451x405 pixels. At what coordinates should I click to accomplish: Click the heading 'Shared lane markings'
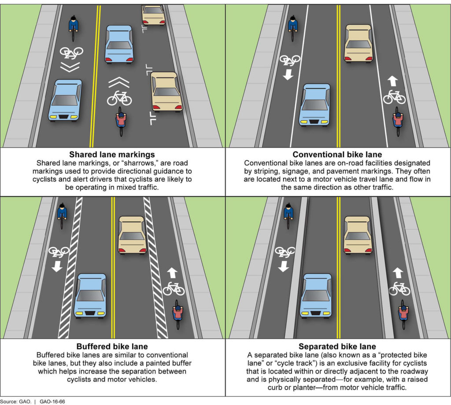(x=112, y=155)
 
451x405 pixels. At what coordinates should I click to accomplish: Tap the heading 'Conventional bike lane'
(x=337, y=155)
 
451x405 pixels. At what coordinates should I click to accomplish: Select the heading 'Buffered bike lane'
(x=112, y=346)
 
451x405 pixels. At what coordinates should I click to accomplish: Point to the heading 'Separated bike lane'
(x=337, y=346)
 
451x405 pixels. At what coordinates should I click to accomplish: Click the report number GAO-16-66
(x=52, y=401)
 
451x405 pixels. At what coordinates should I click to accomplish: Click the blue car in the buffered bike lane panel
(x=90, y=296)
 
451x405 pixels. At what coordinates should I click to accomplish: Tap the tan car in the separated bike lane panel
(x=358, y=235)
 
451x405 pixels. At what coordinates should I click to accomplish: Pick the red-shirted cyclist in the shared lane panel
(x=121, y=121)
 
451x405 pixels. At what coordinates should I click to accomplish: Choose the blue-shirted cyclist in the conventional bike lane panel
(x=293, y=28)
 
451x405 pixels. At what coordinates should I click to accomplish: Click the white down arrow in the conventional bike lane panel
(x=288, y=75)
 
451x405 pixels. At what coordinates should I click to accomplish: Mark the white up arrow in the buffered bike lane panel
(x=172, y=273)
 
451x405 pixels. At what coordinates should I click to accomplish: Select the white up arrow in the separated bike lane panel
(x=398, y=273)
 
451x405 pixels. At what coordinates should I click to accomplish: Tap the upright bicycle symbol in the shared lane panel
(x=119, y=98)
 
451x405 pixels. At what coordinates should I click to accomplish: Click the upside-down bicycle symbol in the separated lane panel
(x=285, y=252)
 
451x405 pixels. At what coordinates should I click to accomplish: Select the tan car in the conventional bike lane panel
(x=359, y=44)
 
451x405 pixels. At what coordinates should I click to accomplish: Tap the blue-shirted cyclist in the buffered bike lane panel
(x=62, y=216)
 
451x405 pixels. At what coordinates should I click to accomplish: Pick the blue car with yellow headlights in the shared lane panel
(x=65, y=100)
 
